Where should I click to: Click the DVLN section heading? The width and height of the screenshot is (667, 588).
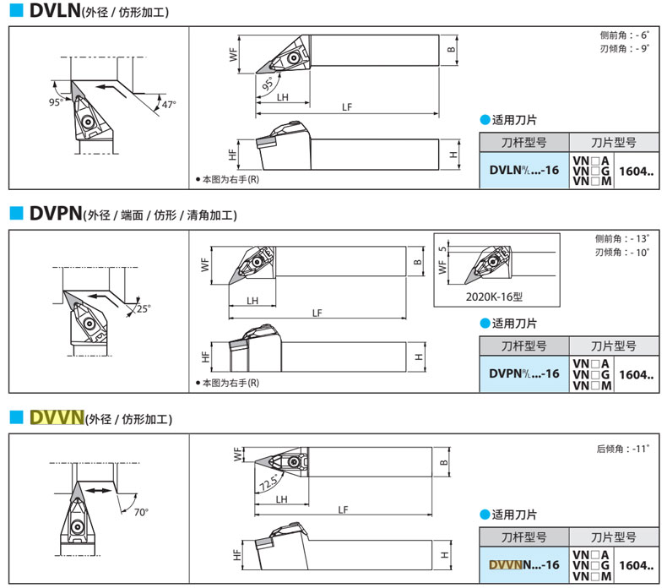pos(54,12)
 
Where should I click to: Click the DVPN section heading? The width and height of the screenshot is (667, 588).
pos(54,215)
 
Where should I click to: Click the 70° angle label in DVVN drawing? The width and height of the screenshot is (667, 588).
pos(140,512)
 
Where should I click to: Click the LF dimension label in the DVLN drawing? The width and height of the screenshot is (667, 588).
pos(347,106)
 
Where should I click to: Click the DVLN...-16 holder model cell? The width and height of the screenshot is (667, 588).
pos(524,170)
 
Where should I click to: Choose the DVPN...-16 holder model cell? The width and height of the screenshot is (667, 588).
pos(524,373)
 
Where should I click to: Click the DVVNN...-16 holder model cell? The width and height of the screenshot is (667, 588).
pos(524,564)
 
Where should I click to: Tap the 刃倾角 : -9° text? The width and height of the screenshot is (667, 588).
pos(621,48)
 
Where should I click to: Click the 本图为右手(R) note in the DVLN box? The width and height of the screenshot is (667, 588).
pos(227,180)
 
